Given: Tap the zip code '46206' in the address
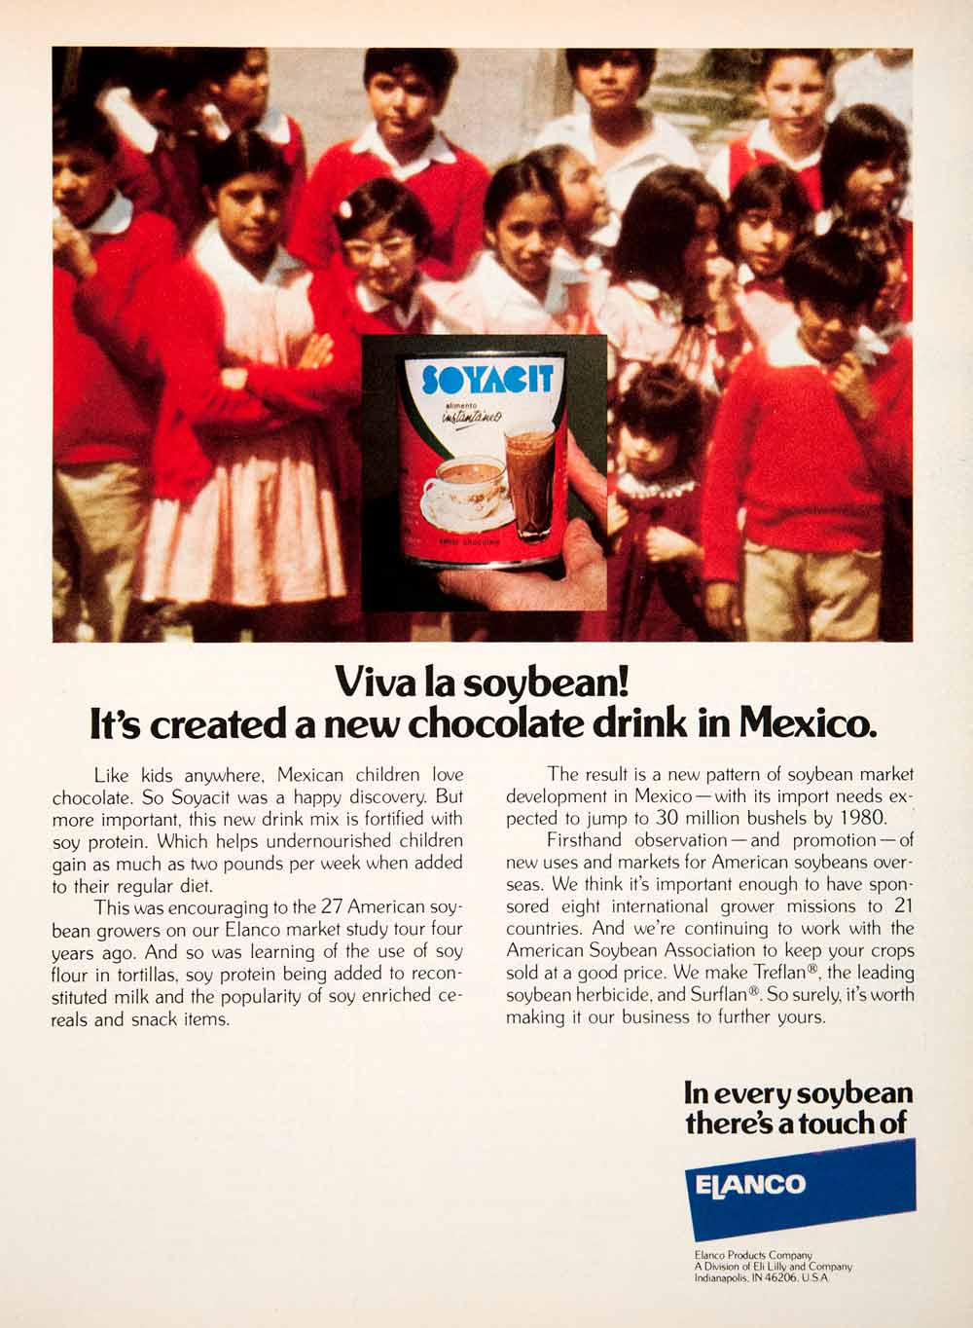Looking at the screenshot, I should pyautogui.click(x=780, y=1278).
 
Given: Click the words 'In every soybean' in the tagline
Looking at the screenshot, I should pyautogui.click(x=799, y=1092).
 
